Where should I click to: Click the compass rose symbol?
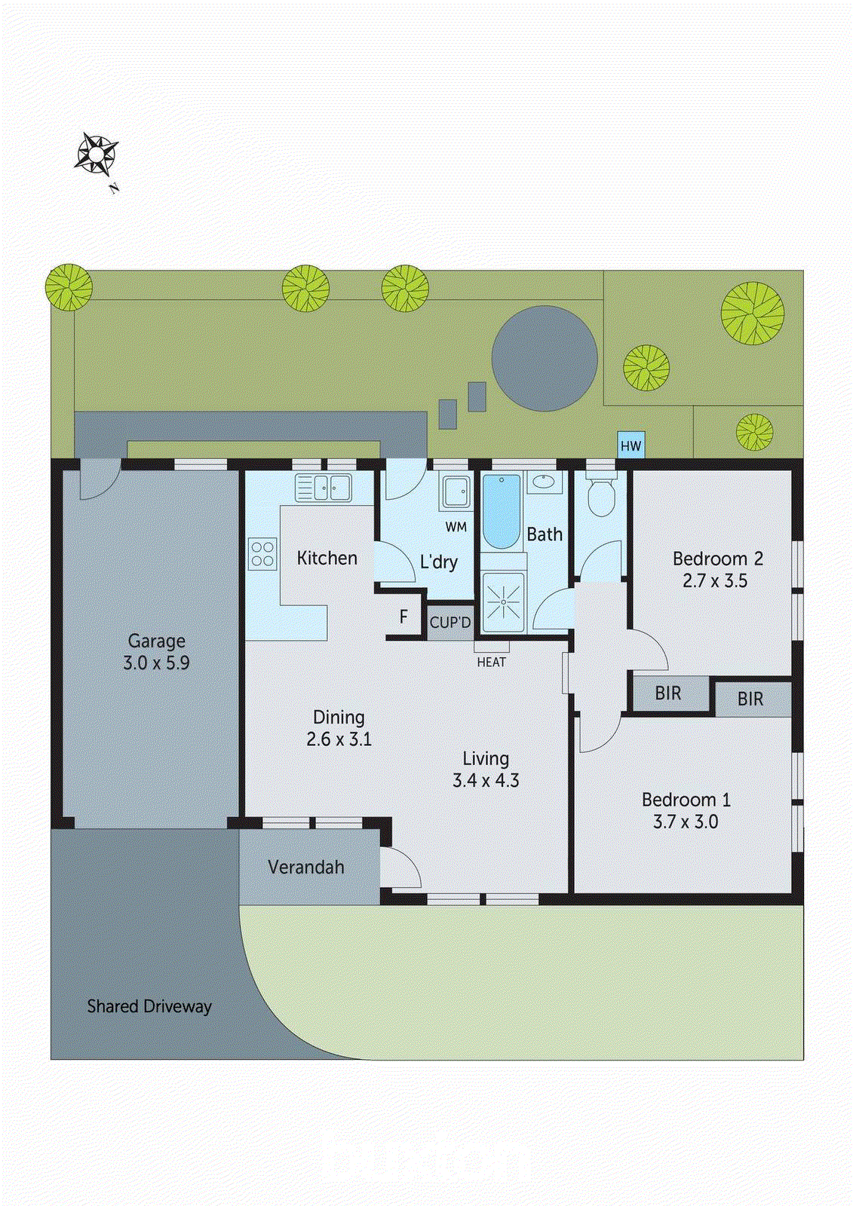point(96,155)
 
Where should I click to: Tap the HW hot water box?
point(631,445)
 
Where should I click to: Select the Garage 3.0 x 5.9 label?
point(156,652)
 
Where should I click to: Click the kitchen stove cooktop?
point(262,554)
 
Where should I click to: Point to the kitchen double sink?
point(324,488)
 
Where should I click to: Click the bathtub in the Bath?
point(501,511)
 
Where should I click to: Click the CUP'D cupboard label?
point(450,623)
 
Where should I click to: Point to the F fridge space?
point(403,617)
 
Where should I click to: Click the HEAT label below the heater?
point(491,663)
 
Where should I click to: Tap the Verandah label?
point(306,868)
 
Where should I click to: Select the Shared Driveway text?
point(149,1006)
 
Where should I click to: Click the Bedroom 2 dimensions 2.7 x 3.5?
point(715,581)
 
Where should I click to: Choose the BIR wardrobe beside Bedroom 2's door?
point(668,693)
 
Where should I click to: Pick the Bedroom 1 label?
point(686,800)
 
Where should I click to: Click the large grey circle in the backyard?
point(545,358)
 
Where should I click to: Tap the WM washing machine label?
point(456,527)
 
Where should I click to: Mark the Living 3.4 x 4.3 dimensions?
point(486,781)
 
